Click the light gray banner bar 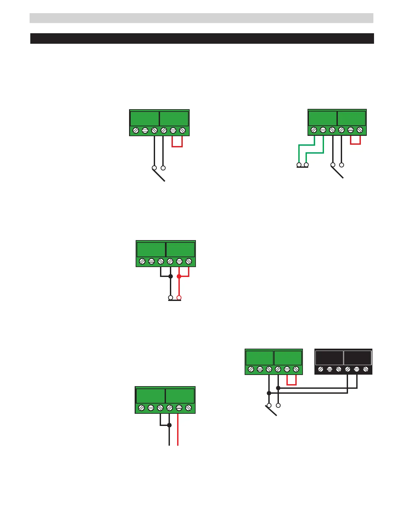point(201,18)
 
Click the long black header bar point(202,38)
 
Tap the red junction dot point(179,276)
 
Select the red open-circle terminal point(179,298)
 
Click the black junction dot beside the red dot point(171,276)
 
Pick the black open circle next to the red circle point(171,298)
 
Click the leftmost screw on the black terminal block point(321,369)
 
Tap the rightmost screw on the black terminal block point(365,369)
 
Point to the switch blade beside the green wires point(338,172)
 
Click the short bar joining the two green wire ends point(303,167)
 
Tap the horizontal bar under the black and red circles point(175,300)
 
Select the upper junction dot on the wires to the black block point(278,388)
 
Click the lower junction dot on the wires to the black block point(269,393)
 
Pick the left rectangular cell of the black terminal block point(329,358)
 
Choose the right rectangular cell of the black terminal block point(358,358)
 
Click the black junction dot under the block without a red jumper point(169,425)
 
